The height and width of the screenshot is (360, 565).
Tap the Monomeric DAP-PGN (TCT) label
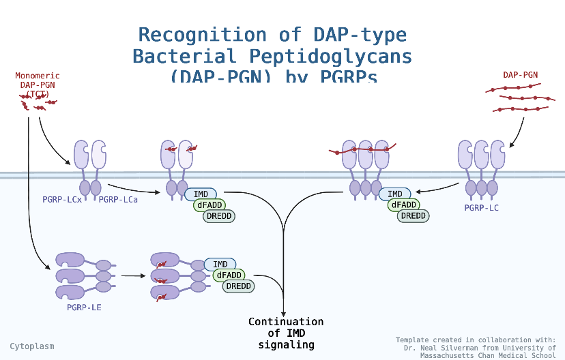point(38,85)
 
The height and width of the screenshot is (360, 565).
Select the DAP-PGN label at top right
point(519,74)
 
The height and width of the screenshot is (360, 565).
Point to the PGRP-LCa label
point(118,200)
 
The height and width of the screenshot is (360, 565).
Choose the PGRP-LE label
point(84,307)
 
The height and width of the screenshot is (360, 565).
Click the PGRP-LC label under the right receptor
point(481,207)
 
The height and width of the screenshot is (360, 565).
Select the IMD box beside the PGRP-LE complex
point(220,265)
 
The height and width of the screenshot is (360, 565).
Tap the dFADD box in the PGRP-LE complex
point(229,275)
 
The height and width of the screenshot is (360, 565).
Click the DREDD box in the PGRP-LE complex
point(238,286)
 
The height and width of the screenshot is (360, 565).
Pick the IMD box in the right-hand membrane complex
point(395,194)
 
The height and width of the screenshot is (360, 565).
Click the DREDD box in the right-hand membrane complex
point(413,216)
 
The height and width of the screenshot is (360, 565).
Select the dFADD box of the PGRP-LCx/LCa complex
point(210,205)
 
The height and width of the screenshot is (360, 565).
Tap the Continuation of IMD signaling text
point(286,333)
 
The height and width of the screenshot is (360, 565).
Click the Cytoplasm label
point(32,346)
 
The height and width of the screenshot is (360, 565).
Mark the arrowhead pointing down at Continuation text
point(283,312)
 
